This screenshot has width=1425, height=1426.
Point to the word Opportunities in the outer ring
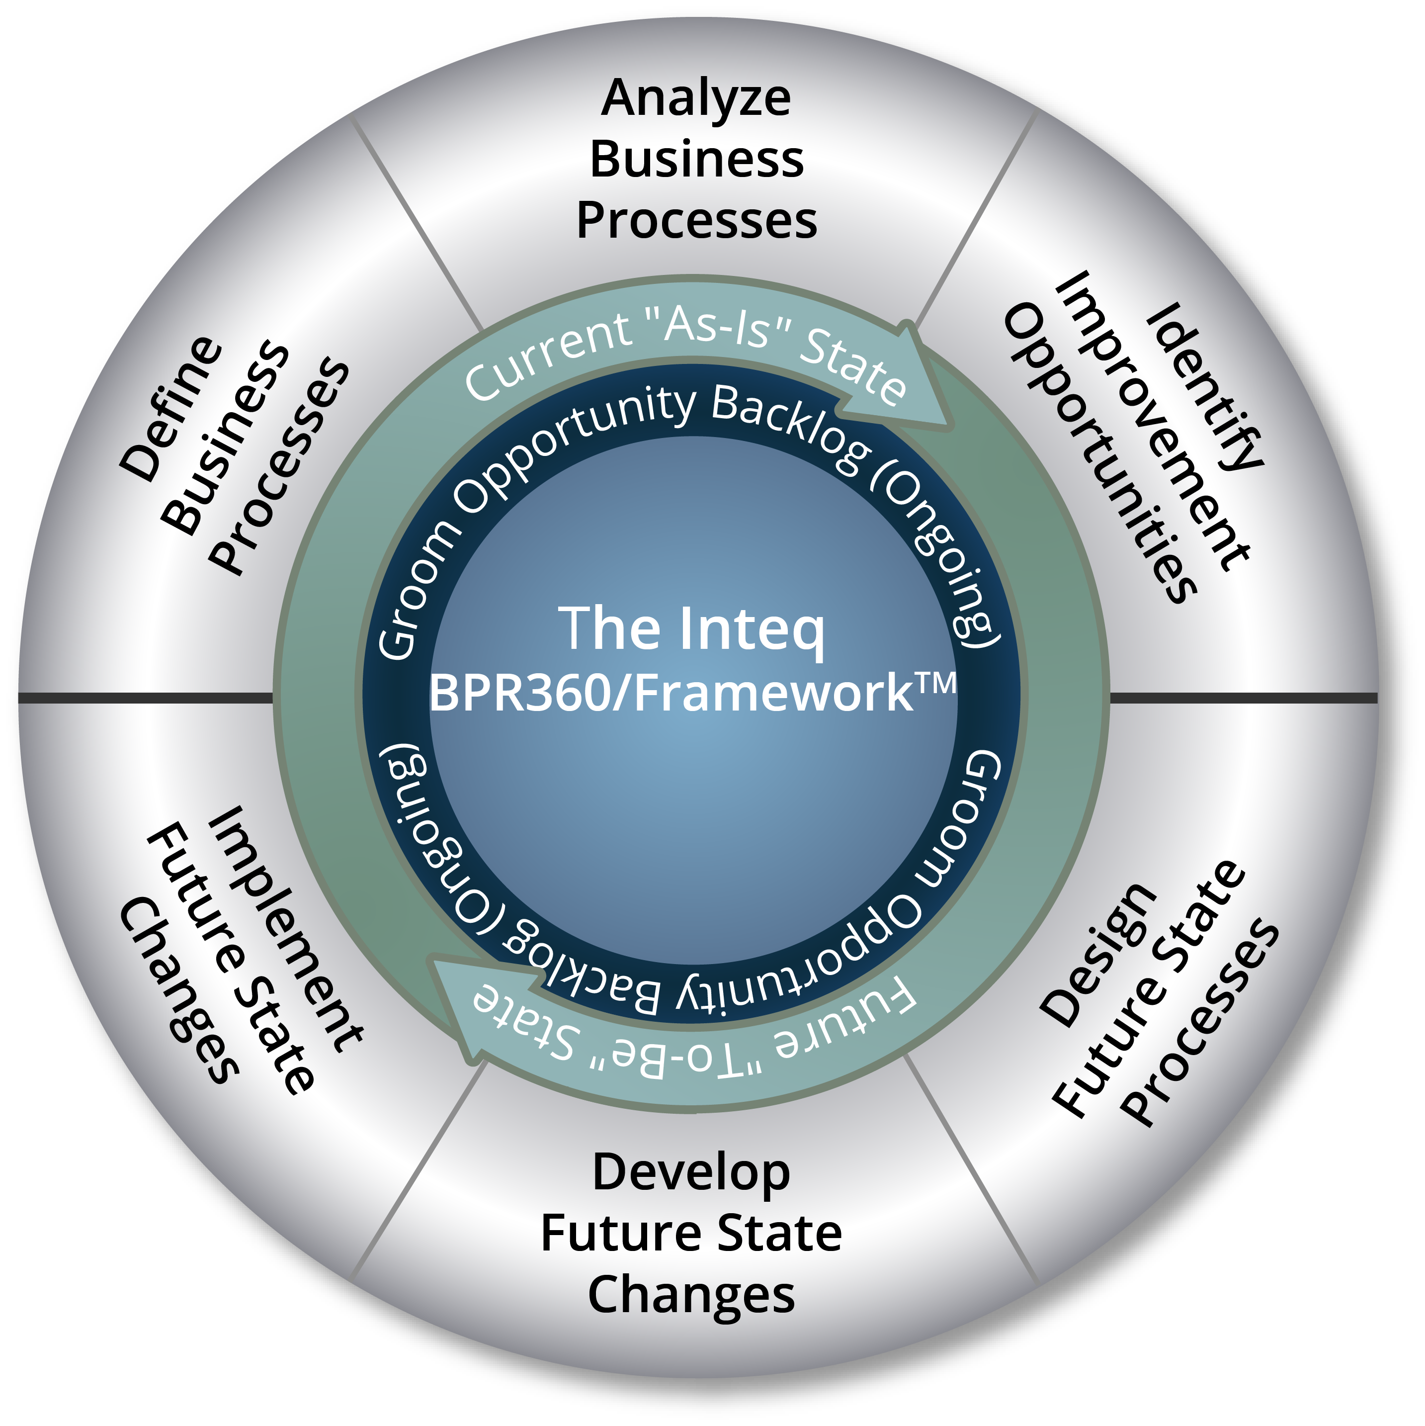point(1099,454)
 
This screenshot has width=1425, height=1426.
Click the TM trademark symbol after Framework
point(936,683)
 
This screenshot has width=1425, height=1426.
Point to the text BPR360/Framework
point(671,693)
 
